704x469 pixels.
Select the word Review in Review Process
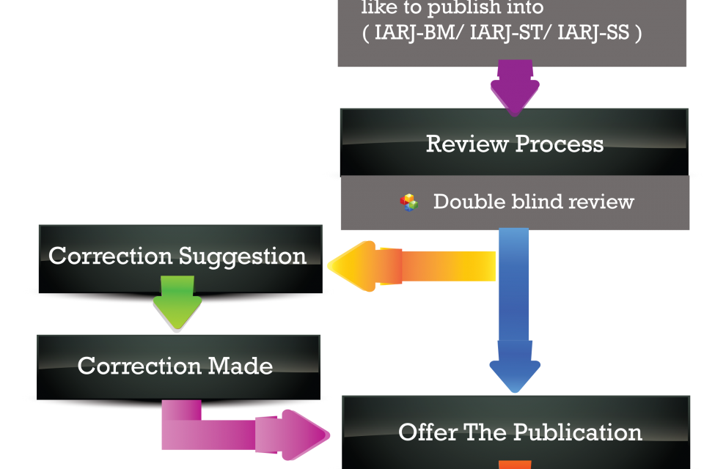tap(460, 144)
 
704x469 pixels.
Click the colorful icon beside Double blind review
tap(409, 202)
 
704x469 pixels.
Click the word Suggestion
tap(242, 256)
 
